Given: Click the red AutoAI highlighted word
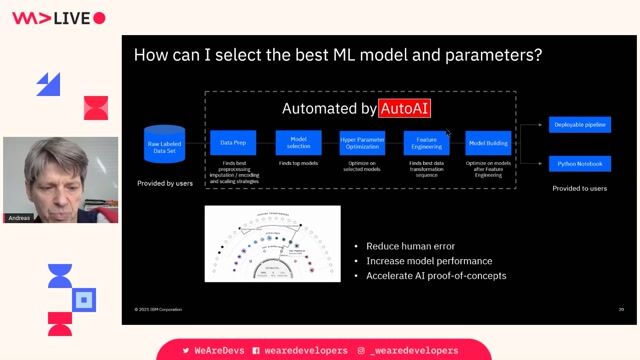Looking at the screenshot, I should [x=404, y=108].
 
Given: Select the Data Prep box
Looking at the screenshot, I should [x=234, y=143].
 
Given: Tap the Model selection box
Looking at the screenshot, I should [x=298, y=143].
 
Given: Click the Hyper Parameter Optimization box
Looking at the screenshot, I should [x=362, y=143].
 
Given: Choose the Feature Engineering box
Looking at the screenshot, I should [x=426, y=143].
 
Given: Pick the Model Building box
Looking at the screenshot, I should [x=489, y=143].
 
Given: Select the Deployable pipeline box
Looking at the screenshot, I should [x=579, y=125].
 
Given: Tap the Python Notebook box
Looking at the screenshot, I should [x=579, y=163].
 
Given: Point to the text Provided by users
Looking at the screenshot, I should [x=165, y=183].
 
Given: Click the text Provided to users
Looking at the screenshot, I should [x=579, y=188].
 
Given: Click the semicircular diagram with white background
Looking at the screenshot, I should [x=272, y=244].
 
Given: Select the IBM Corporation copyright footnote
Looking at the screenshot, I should [x=161, y=309].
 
